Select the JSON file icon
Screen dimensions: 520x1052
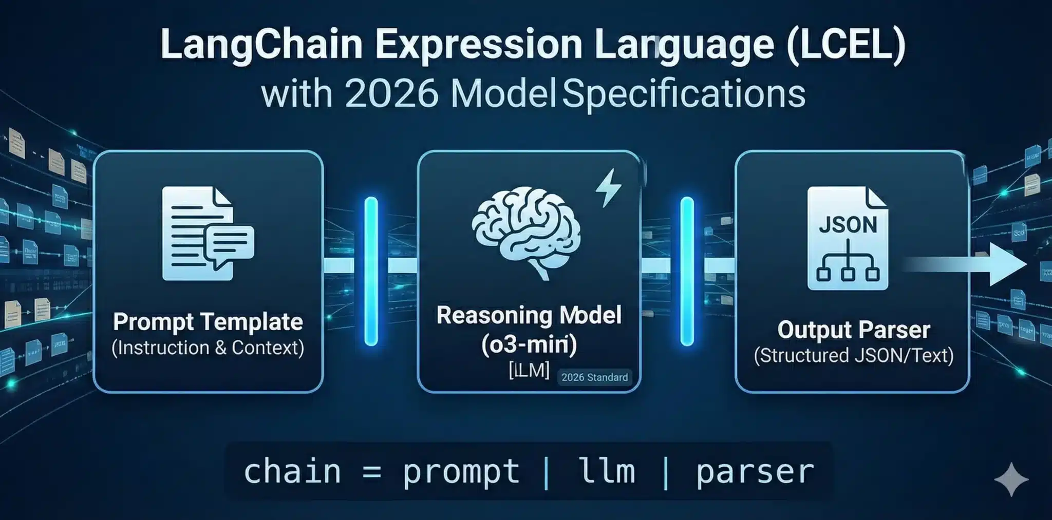(x=847, y=238)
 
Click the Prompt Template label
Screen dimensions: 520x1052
(x=208, y=322)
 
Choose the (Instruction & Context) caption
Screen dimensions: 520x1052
(x=208, y=348)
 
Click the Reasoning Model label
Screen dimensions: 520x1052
(x=529, y=315)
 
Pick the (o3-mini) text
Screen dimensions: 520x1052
(x=529, y=344)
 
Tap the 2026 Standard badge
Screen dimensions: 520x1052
(x=594, y=377)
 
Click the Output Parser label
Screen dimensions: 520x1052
(x=853, y=330)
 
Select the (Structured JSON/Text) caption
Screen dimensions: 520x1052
(x=853, y=356)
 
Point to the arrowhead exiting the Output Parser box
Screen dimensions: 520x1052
(x=1007, y=264)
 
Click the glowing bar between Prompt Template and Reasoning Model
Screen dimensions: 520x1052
(x=371, y=271)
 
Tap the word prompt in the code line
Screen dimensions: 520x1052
(x=461, y=472)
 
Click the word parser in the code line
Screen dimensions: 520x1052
(x=755, y=472)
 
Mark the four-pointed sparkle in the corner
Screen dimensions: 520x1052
(x=1011, y=479)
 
